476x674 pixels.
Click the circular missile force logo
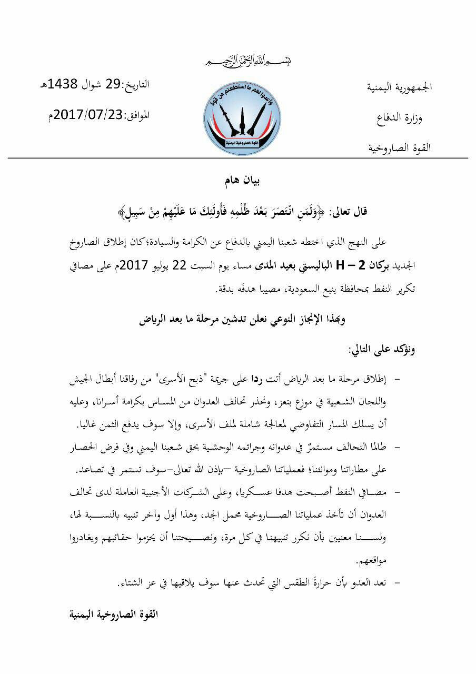coord(242,115)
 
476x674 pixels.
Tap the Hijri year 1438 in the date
coord(63,84)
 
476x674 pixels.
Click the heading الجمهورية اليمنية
coord(400,87)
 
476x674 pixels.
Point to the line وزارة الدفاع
coord(400,117)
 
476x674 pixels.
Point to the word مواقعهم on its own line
coord(402,559)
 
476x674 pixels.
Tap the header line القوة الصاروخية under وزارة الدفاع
coord(400,148)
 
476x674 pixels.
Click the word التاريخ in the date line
coord(136,84)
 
